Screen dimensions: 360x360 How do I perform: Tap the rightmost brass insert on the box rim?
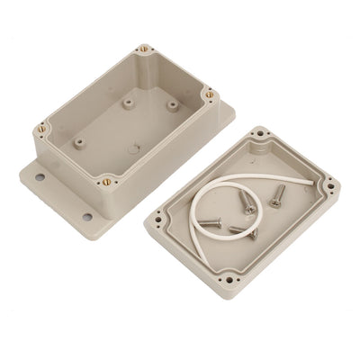tap(209, 93)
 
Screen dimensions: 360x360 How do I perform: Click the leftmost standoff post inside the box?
tap(79, 142)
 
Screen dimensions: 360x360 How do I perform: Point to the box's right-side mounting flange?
tap(225, 112)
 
